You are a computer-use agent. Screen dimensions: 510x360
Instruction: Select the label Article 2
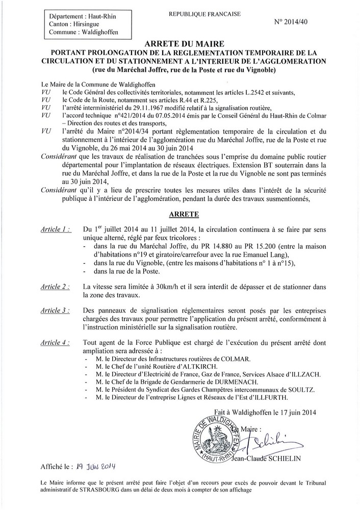(x=57, y=288)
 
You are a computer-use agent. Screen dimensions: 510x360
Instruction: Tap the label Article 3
(x=57, y=310)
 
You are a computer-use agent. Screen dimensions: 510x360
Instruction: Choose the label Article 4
(x=57, y=342)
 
